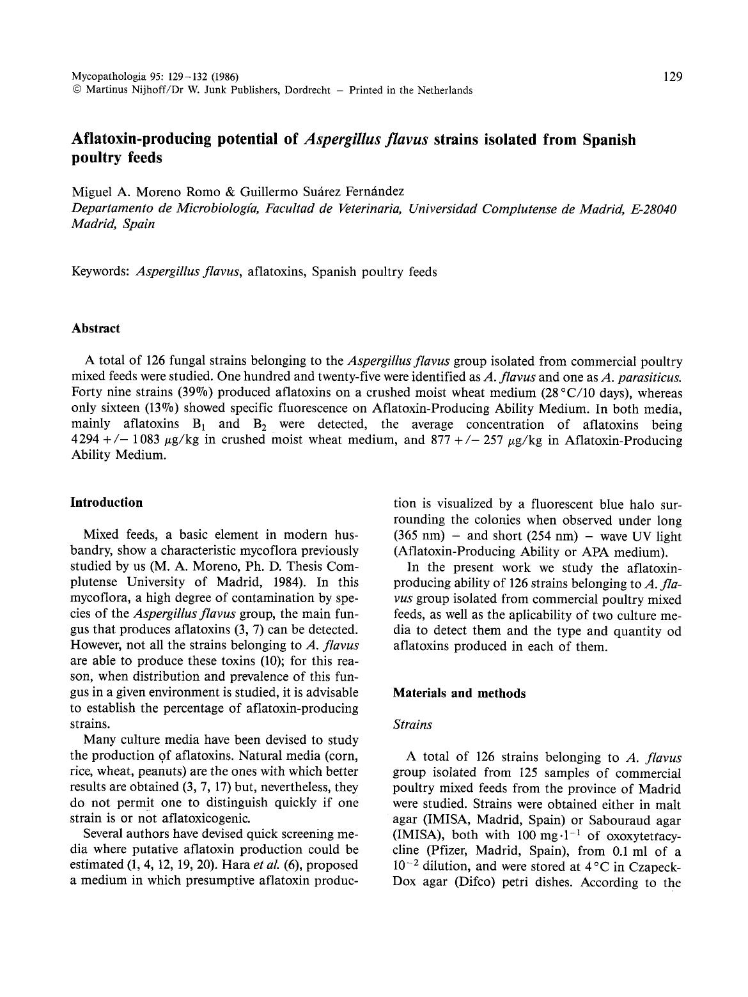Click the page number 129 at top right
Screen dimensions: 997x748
point(673,77)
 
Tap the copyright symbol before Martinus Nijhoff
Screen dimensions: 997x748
point(75,91)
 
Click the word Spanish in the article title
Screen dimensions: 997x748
point(609,139)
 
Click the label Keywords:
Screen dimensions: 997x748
point(102,272)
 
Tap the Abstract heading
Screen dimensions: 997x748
point(95,328)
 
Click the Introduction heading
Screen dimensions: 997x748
point(106,502)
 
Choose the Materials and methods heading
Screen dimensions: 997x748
point(459,693)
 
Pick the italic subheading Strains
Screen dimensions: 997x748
point(412,725)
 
